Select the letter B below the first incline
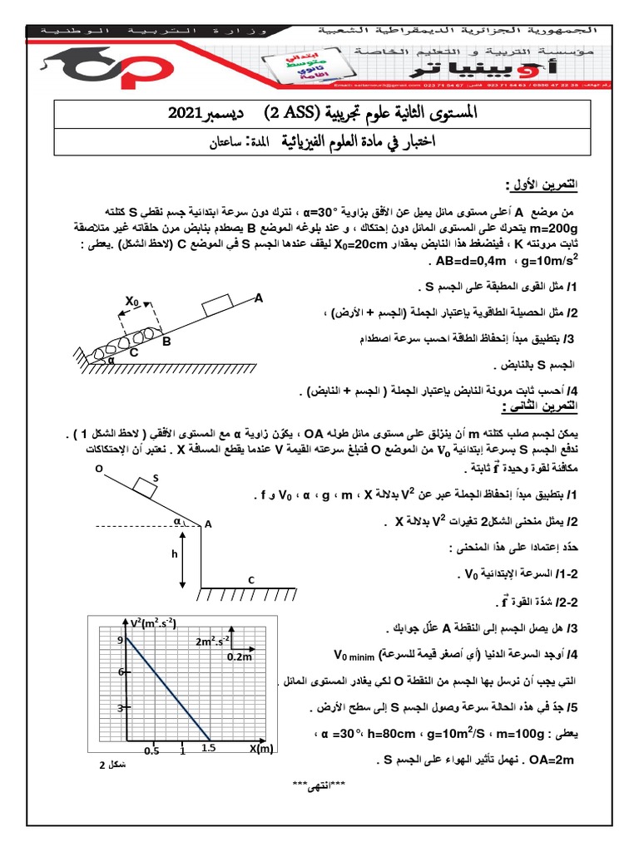point(166,342)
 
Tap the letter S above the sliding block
point(155,479)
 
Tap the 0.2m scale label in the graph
point(239,657)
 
